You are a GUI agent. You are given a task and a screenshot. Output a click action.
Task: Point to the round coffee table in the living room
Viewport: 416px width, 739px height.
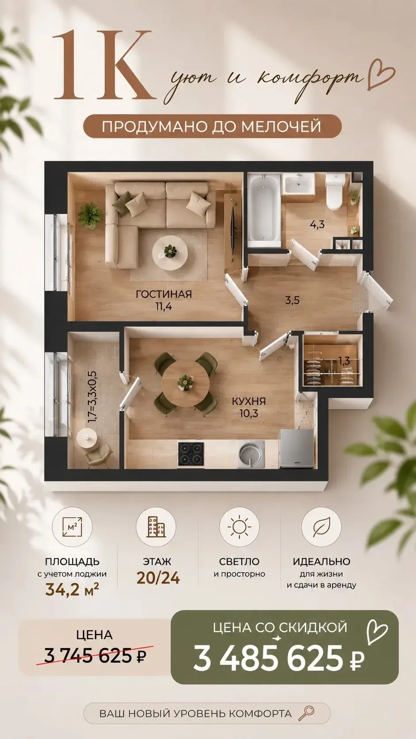pos(170,253)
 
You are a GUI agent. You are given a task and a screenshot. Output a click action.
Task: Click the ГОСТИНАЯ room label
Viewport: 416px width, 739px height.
pos(164,294)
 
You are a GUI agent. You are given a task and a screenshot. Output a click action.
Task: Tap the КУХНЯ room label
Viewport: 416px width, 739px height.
pos(249,401)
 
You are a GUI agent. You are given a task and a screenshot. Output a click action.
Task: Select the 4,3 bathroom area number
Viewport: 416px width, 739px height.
pos(317,225)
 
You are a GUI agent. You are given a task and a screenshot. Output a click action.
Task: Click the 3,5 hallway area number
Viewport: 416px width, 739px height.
pos(292,300)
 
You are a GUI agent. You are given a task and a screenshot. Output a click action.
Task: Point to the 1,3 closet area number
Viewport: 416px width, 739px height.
pos(344,361)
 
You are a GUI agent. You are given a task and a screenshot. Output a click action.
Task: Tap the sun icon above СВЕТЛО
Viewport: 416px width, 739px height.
pos(239,527)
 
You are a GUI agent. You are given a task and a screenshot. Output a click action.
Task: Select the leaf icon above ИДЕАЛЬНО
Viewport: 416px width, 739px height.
pos(322,527)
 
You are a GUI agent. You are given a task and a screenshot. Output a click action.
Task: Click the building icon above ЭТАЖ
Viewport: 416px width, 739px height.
pos(156,527)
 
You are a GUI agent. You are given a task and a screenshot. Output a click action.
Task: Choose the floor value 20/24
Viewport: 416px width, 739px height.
pos(158,578)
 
